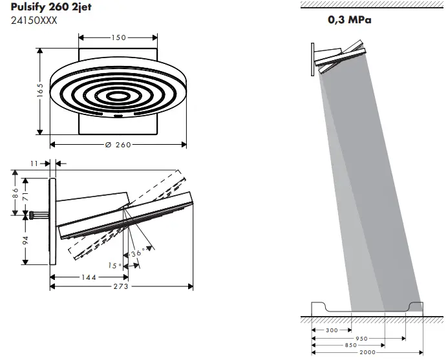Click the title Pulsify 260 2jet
[x=51, y=7]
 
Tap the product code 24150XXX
[x=34, y=21]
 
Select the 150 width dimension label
[x=119, y=37]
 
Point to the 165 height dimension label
[x=40, y=90]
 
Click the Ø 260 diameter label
[x=118, y=145]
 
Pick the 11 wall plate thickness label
[x=34, y=164]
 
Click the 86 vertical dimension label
[x=15, y=193]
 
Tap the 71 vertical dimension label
[x=26, y=196]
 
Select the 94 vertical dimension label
[x=26, y=240]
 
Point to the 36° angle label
[x=138, y=253]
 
